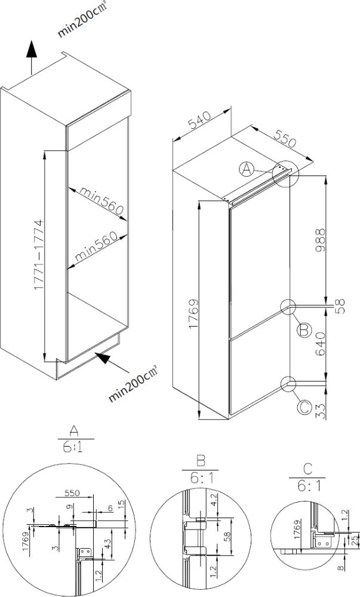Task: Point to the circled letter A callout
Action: click(x=247, y=170)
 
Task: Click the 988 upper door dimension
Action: click(x=321, y=241)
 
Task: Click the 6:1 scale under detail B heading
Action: click(x=201, y=479)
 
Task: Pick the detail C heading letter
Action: click(x=307, y=469)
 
